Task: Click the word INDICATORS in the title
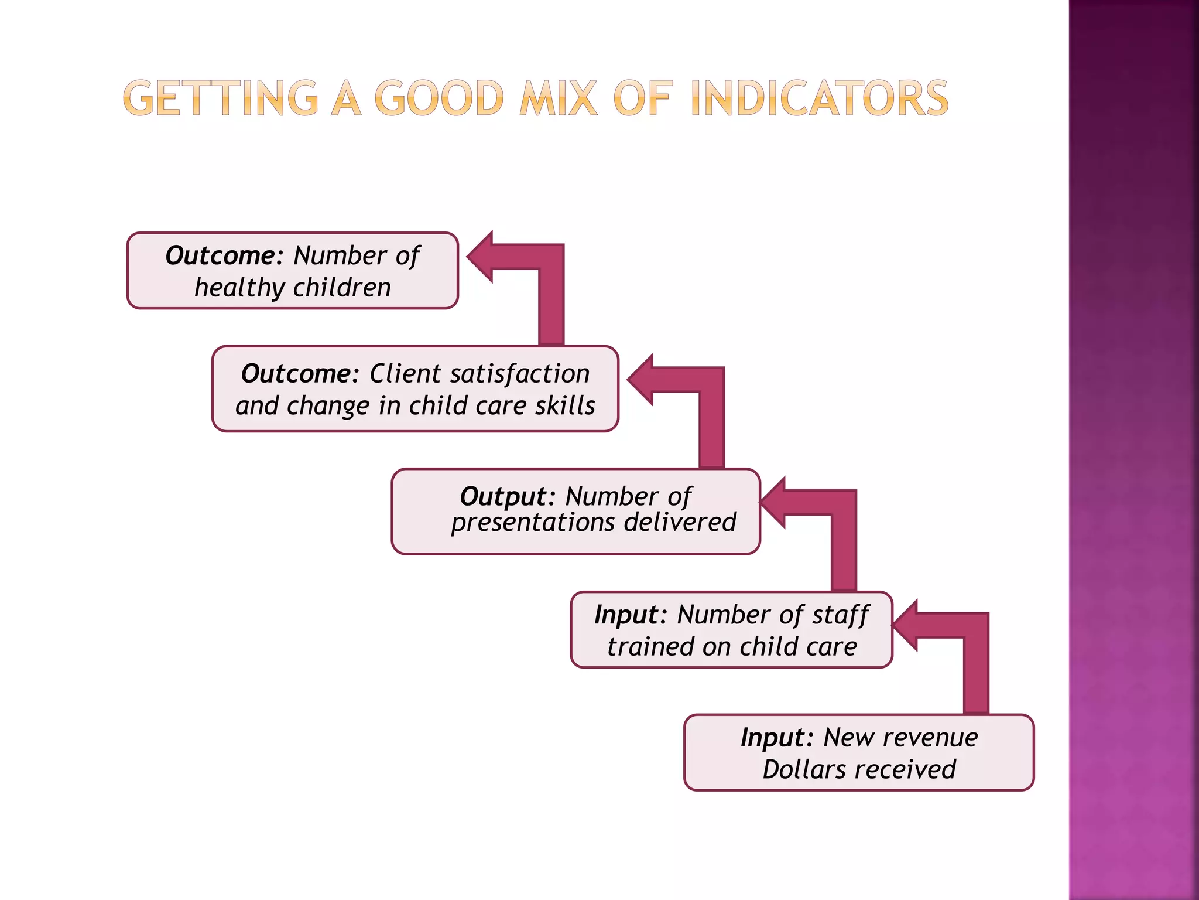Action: point(819,98)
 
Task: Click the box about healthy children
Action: point(292,271)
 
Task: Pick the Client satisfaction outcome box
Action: point(415,389)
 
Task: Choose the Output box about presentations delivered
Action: point(575,512)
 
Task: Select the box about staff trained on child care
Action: point(731,630)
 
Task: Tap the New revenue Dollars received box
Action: point(859,752)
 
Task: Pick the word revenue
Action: point(930,738)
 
